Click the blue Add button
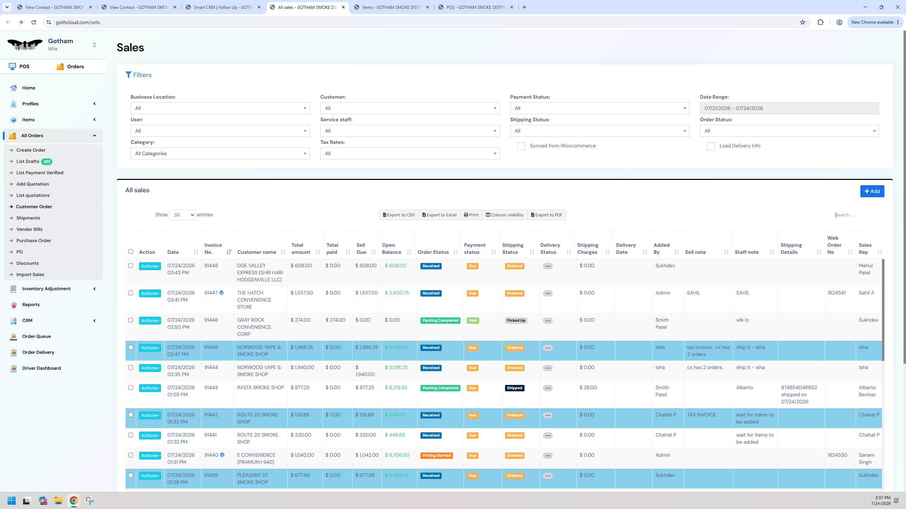click(872, 191)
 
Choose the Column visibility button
click(504, 215)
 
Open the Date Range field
click(789, 108)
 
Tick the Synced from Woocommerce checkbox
click(521, 146)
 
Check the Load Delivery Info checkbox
click(711, 146)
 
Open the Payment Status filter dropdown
click(600, 108)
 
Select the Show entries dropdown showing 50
click(182, 215)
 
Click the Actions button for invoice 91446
click(150, 321)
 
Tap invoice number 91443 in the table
click(211, 387)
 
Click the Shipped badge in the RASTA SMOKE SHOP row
click(515, 388)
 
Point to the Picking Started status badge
click(436, 456)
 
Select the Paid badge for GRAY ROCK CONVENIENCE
click(473, 321)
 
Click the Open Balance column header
click(391, 248)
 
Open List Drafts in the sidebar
click(28, 162)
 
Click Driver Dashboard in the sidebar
click(41, 368)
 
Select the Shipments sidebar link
click(28, 218)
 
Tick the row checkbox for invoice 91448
click(131, 266)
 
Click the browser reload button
click(34, 22)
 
